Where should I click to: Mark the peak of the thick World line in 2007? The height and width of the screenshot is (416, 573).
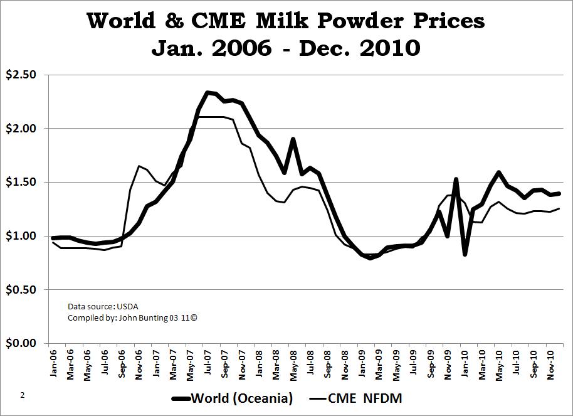click(x=208, y=92)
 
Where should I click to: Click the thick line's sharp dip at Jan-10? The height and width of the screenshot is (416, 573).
click(x=465, y=254)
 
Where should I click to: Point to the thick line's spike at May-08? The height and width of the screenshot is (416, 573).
click(x=293, y=139)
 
